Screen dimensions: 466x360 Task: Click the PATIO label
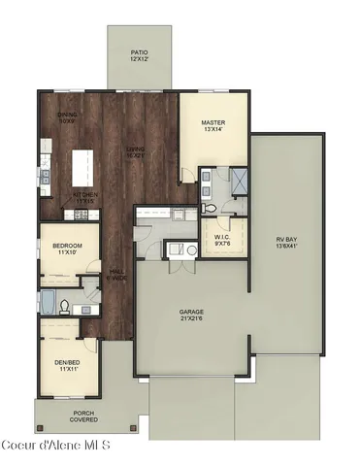click(140, 52)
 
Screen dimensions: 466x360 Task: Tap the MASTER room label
click(213, 122)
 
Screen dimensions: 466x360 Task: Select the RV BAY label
click(285, 239)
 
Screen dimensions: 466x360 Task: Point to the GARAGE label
click(190, 312)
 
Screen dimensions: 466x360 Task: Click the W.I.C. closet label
click(221, 236)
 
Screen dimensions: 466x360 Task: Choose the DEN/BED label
click(66, 363)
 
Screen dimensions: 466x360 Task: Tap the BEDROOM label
click(66, 246)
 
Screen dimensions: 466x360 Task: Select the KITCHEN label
click(84, 194)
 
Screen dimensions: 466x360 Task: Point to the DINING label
click(67, 116)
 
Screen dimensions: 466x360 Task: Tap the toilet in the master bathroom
click(211, 207)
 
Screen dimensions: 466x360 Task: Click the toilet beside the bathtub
click(65, 306)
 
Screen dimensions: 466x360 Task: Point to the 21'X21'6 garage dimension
click(190, 318)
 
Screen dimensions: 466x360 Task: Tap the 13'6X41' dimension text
click(285, 246)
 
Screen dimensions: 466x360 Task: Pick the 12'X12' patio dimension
click(140, 59)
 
